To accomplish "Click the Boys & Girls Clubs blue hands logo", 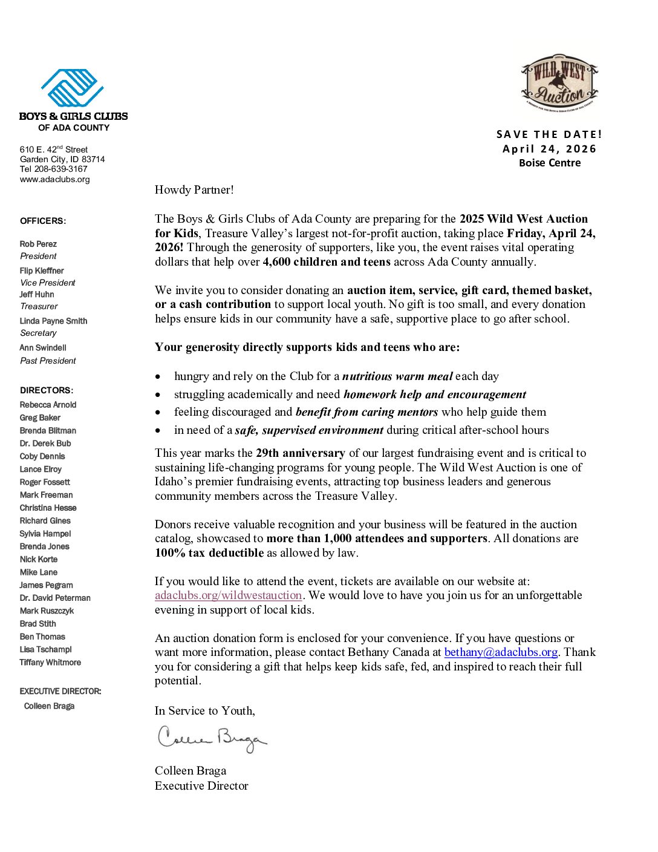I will pyautogui.click(x=73, y=88).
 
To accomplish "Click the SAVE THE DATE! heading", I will pyautogui.click(x=549, y=134).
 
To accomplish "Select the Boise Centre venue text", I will pyautogui.click(x=549, y=163).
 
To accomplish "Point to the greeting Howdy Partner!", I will pyautogui.click(x=194, y=190).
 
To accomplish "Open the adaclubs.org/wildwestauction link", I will pyautogui.click(x=228, y=595).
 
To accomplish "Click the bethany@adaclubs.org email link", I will pyautogui.click(x=501, y=652).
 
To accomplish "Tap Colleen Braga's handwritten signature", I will pyautogui.click(x=212, y=739).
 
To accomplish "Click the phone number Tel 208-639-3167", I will pyautogui.click(x=53, y=169).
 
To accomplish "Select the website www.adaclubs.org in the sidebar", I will pyautogui.click(x=54, y=180).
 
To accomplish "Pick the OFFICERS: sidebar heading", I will pyautogui.click(x=43, y=221).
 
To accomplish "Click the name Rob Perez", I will pyautogui.click(x=38, y=244).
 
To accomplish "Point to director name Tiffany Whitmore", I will pyautogui.click(x=50, y=663).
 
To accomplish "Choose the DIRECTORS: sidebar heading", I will pyautogui.click(x=47, y=390).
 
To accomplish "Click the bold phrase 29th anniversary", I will pyautogui.click(x=300, y=453).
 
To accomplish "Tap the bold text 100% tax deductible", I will pyautogui.click(x=209, y=553).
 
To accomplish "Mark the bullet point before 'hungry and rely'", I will pyautogui.click(x=158, y=377).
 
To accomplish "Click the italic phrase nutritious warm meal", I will pyautogui.click(x=397, y=376).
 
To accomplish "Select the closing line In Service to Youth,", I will pyautogui.click(x=204, y=711).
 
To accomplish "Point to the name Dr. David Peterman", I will pyautogui.click(x=55, y=598).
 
